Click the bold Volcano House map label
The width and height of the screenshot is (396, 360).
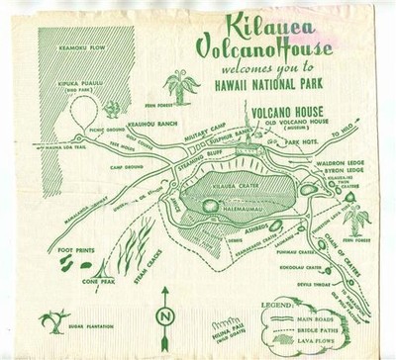coord(288,112)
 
